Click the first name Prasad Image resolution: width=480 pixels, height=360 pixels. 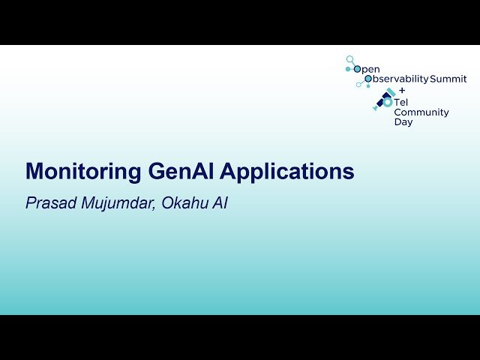point(51,202)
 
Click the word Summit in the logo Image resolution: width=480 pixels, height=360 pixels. point(448,79)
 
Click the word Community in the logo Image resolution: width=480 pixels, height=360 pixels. point(421,112)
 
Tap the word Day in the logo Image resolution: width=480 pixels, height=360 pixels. point(403,122)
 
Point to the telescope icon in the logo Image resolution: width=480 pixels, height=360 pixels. point(384,100)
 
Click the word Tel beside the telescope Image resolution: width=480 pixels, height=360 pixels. point(402,102)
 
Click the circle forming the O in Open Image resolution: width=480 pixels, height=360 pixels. point(357,68)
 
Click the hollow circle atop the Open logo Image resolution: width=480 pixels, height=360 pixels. point(349,58)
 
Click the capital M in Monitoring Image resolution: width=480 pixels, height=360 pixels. point(34,172)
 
